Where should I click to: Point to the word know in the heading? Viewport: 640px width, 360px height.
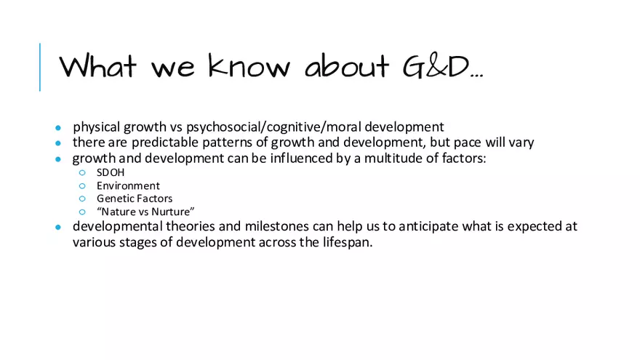click(249, 66)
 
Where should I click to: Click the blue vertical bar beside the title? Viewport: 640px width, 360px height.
click(40, 67)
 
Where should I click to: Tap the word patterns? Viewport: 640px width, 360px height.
click(228, 143)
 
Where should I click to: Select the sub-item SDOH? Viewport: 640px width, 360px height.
click(111, 173)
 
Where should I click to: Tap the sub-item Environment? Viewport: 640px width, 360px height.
click(128, 185)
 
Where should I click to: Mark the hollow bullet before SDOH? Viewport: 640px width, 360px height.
click(82, 173)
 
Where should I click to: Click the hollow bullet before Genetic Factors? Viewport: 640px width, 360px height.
click(82, 199)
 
